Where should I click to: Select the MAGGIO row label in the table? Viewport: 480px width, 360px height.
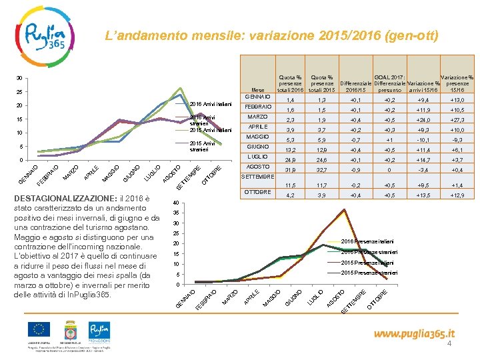[x=257, y=137]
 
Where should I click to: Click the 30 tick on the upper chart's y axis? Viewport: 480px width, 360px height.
[x=20, y=77]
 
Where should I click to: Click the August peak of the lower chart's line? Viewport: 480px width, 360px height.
[x=344, y=209]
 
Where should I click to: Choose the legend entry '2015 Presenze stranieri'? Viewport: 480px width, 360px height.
[x=369, y=273]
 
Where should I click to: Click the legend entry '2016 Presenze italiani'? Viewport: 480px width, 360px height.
[x=367, y=241]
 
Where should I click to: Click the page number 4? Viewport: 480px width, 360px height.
[x=449, y=344]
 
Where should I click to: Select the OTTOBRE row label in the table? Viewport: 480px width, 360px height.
[x=257, y=192]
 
